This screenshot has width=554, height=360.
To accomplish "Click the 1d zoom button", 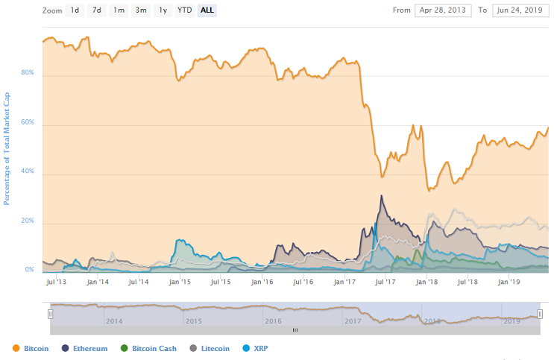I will tap(75, 10).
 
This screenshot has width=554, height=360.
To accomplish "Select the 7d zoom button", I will tap(97, 10).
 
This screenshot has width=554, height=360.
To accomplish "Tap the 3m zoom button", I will tap(141, 10).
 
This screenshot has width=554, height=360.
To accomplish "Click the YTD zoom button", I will tap(184, 10).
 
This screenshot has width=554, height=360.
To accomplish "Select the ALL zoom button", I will tap(207, 10).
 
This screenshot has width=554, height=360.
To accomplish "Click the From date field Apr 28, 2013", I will tap(443, 10).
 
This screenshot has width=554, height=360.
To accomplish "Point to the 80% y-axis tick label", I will tap(28, 73).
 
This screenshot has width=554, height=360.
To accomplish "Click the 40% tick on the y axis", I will tap(28, 171).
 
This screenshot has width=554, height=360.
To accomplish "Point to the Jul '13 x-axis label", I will tap(56, 282).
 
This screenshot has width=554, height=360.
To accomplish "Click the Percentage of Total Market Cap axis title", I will tap(7, 148).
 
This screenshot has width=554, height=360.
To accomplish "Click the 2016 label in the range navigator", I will tap(273, 321).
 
